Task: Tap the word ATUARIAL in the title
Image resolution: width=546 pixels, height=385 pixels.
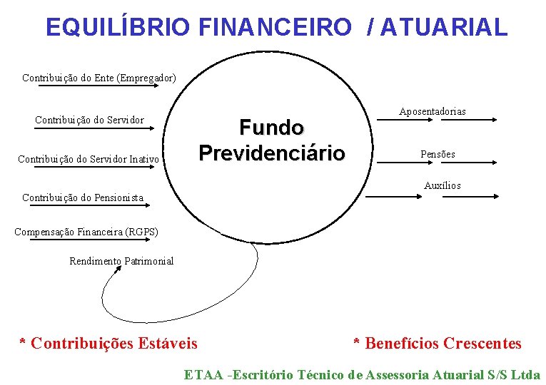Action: click(445, 26)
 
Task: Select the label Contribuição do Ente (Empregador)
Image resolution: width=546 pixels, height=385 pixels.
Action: click(99, 77)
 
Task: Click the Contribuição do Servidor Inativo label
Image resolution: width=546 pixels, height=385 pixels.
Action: click(89, 158)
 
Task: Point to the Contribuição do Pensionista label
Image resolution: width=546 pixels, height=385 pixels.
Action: click(83, 197)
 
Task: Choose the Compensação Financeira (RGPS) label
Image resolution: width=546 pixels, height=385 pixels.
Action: click(86, 232)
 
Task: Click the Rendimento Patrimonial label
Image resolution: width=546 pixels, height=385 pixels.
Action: click(121, 261)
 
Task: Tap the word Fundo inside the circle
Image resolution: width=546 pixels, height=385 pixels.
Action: click(271, 128)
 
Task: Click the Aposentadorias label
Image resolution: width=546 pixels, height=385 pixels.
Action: click(433, 111)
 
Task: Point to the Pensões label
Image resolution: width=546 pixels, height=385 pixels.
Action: click(438, 154)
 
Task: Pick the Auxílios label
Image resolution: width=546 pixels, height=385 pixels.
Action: click(443, 185)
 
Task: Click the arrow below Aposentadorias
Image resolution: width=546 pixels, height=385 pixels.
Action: click(435, 121)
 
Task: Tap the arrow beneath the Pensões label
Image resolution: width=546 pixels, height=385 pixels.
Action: click(435, 163)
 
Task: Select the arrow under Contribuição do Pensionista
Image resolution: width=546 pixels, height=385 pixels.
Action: click(86, 205)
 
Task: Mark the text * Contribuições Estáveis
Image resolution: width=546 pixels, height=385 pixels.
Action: click(108, 344)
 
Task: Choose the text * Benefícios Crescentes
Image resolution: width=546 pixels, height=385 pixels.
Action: click(438, 344)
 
